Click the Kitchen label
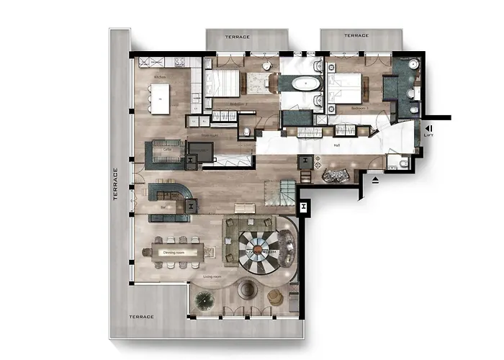[x=159, y=76]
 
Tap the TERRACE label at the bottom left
[x=141, y=317]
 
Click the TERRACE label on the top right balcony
[x=356, y=35]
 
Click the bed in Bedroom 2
[x=223, y=84]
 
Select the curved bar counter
[x=169, y=193]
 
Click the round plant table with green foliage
[x=204, y=301]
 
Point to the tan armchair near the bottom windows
[x=275, y=296]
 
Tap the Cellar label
[x=167, y=149]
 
